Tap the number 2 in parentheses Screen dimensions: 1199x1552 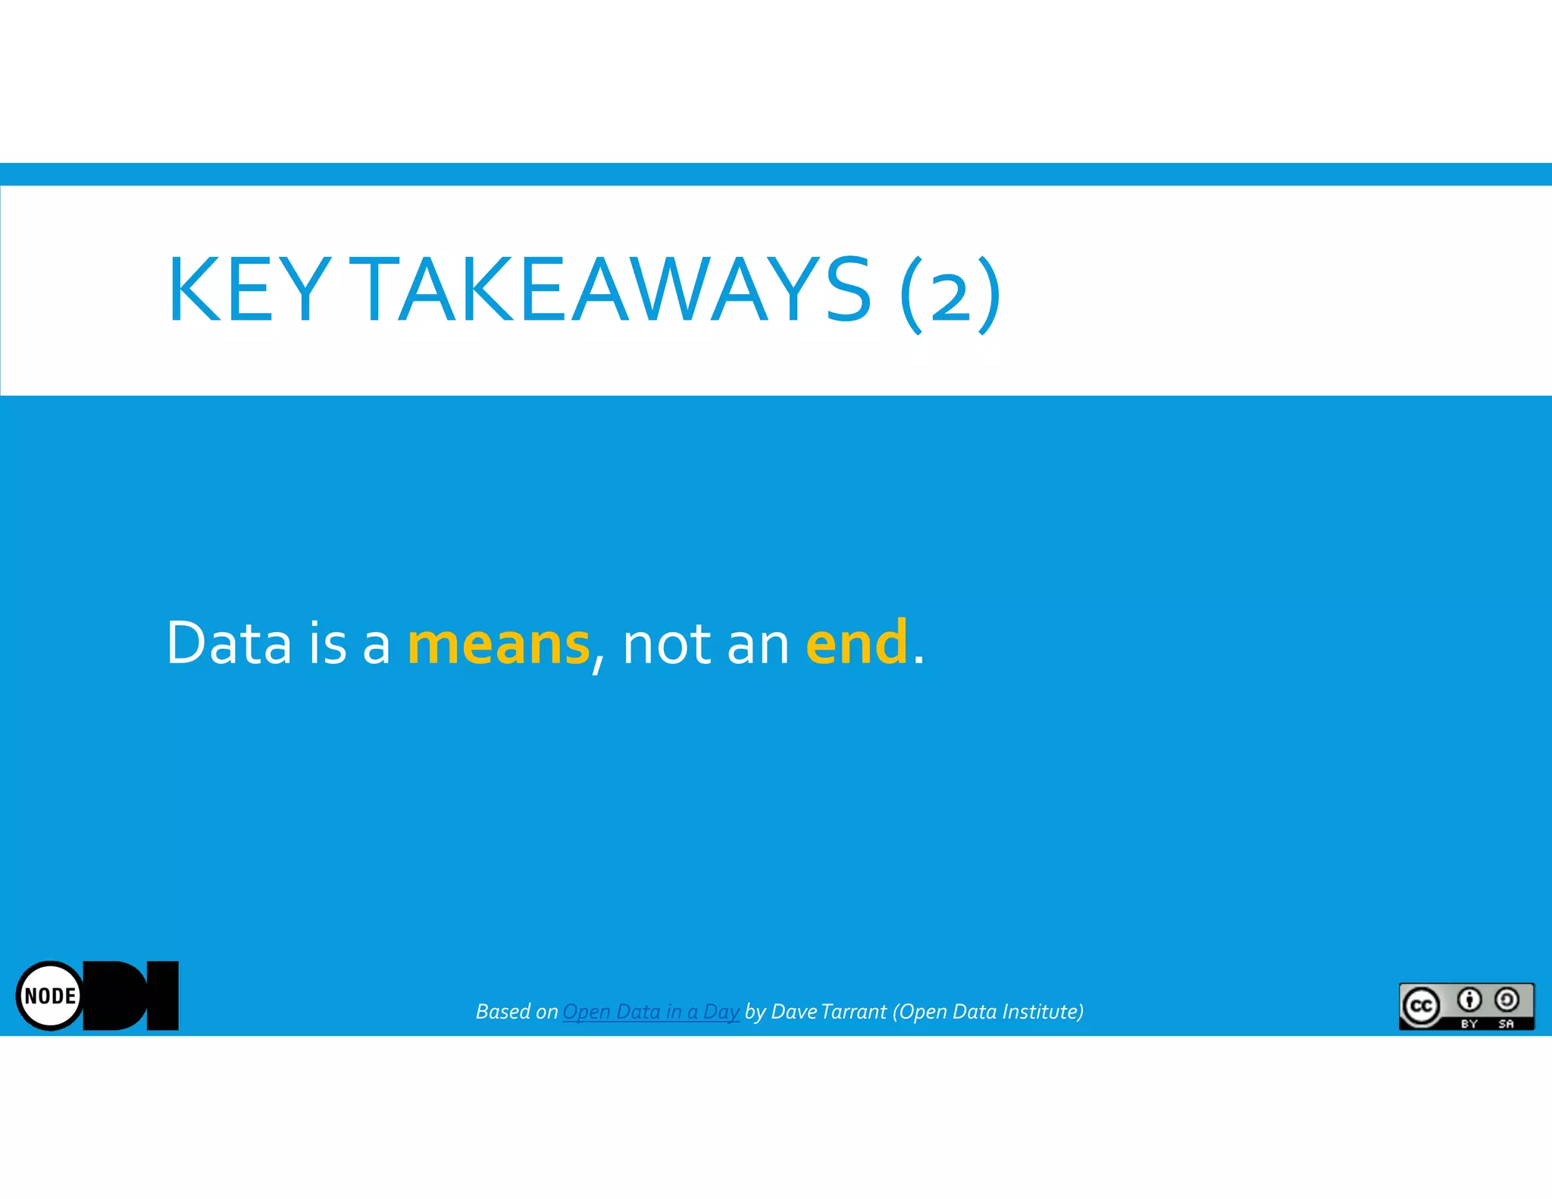click(x=950, y=296)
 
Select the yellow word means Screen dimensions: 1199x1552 click(x=498, y=643)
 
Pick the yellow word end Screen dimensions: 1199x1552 click(x=856, y=642)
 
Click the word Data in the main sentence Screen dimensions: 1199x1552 click(x=228, y=643)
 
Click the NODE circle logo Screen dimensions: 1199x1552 click(x=50, y=995)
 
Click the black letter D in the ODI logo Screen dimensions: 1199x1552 click(x=117, y=995)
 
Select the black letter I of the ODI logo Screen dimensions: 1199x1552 click(x=162, y=995)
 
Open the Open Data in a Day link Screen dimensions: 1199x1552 click(x=650, y=1012)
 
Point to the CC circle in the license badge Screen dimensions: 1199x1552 click(x=1421, y=1006)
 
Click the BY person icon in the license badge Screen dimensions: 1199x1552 click(x=1469, y=1000)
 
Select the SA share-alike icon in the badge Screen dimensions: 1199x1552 click(x=1507, y=1000)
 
